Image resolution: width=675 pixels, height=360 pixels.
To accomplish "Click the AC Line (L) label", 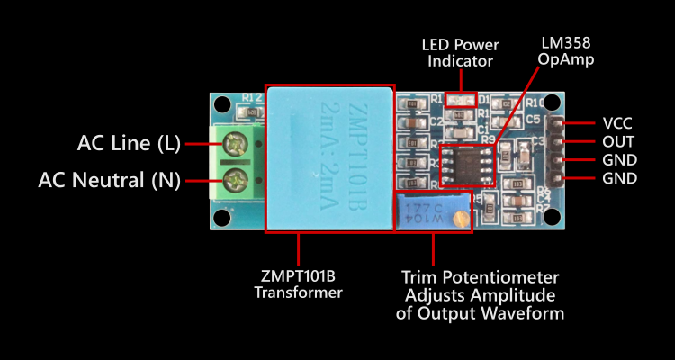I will pyautogui.click(x=129, y=143).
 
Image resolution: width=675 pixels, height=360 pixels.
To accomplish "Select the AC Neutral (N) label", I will pyautogui.click(x=109, y=180).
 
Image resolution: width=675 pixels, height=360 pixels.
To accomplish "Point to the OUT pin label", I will pyautogui.click(x=618, y=142).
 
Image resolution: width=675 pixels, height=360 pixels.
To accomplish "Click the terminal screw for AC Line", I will pyautogui.click(x=238, y=142).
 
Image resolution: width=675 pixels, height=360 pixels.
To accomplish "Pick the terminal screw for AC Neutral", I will pyautogui.click(x=238, y=178).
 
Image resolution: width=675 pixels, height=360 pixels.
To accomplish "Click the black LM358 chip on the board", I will pyautogui.click(x=468, y=162).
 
